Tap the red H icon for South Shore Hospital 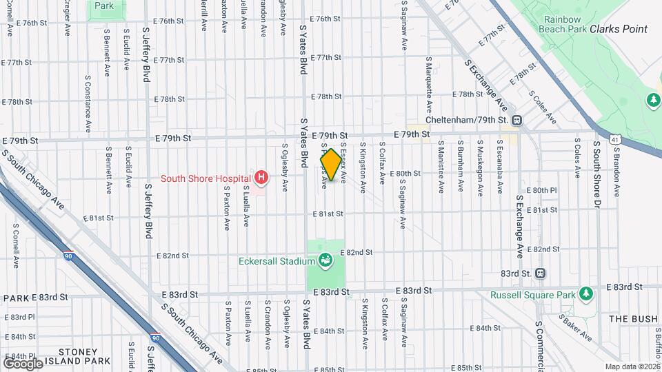(261, 178)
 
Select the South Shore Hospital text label (205, 178)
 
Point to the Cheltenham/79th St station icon (517, 121)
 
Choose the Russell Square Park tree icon (586, 295)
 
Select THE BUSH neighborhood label (632, 319)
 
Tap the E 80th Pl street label (544, 190)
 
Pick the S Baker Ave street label (575, 328)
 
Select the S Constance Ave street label (88, 104)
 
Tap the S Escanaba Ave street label (499, 168)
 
